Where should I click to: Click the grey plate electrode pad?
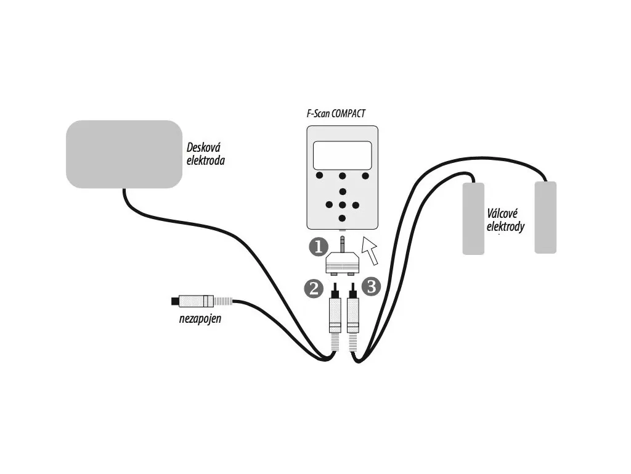point(124,154)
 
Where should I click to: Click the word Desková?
point(203,148)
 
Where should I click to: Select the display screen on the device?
point(342,155)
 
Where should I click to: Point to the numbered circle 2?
point(314,287)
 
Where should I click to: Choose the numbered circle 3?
point(372,286)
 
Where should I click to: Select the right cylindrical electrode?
point(545,217)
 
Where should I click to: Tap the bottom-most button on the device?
point(343,218)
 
